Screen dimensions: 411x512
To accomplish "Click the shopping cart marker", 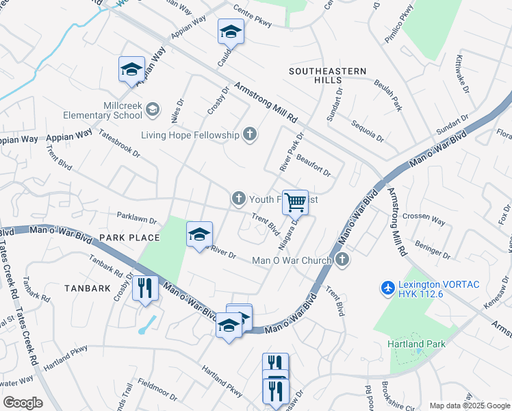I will point(296,202).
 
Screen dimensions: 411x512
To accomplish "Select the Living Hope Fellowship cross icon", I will point(250,134).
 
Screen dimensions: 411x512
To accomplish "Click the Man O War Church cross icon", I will point(343,260).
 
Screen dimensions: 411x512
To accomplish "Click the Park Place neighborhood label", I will point(129,238).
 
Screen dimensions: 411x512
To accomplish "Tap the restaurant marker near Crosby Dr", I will point(145,288).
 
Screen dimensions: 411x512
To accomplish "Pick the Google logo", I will point(23,402).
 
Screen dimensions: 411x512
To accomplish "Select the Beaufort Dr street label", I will point(313,163).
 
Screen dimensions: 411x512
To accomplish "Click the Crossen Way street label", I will point(424,219).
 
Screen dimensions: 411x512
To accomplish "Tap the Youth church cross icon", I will point(238,199).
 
